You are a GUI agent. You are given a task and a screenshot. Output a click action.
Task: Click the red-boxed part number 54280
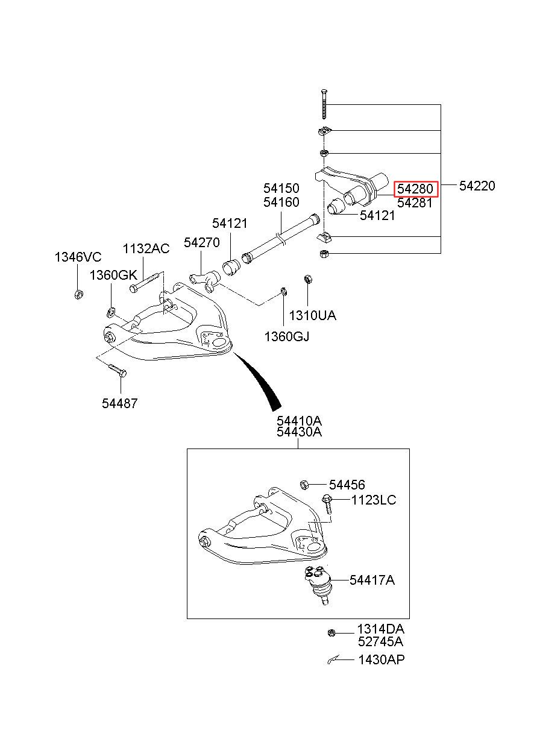(x=415, y=189)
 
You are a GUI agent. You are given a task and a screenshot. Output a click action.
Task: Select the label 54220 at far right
(x=477, y=186)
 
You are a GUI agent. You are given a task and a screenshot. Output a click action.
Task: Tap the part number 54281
(x=415, y=203)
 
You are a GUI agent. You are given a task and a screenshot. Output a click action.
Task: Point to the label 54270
(x=201, y=242)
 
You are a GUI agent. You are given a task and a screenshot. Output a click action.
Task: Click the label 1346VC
(x=78, y=257)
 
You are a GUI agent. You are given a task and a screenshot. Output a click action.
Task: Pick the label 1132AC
(x=146, y=249)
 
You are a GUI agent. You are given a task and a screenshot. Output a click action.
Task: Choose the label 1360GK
(x=113, y=275)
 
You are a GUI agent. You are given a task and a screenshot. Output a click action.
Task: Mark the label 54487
(x=119, y=403)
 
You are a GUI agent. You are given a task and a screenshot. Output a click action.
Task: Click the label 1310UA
(x=312, y=315)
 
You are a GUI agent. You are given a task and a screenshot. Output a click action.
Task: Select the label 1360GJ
(x=286, y=336)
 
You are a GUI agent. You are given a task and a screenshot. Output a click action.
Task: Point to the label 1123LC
(x=373, y=500)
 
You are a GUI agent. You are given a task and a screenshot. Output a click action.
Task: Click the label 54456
(x=347, y=485)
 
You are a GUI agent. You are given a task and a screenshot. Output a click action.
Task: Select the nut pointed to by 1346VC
(x=78, y=294)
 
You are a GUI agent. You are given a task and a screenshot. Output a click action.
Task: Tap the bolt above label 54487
(x=117, y=370)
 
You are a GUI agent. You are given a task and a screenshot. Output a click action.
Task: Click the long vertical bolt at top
(x=324, y=104)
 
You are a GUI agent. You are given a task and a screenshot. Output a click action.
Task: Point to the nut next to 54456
(x=304, y=485)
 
